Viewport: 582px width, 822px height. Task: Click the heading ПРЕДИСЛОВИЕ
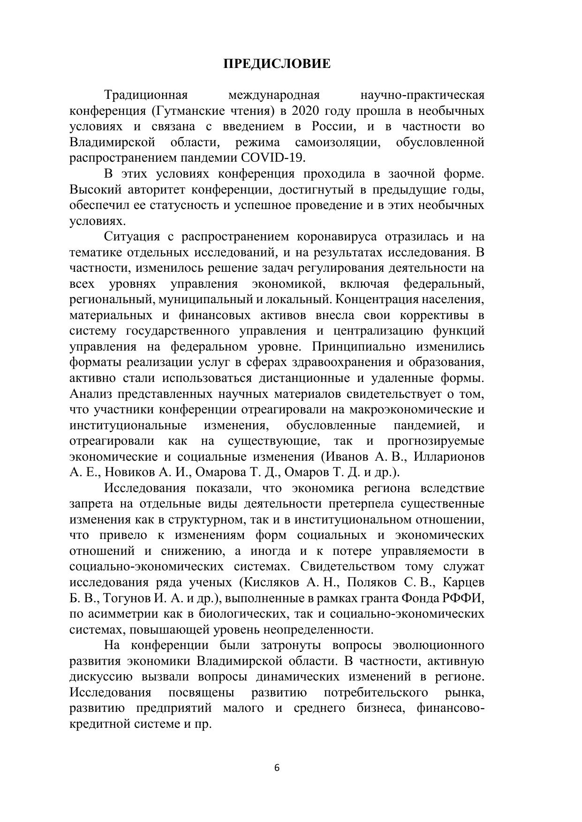pyautogui.click(x=277, y=64)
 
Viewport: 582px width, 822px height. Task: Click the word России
pyautogui.click(x=329, y=127)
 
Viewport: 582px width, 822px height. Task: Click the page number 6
pyautogui.click(x=277, y=768)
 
